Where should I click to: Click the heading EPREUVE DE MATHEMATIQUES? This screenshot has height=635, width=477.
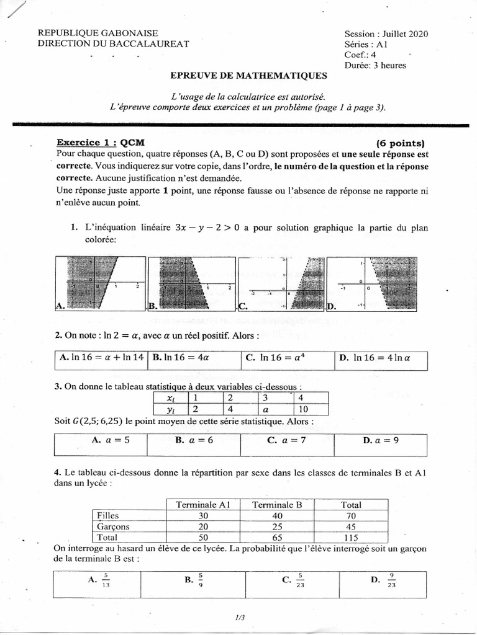[248, 76]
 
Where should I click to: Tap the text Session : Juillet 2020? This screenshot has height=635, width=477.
[386, 34]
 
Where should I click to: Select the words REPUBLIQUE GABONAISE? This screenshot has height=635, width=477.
[98, 33]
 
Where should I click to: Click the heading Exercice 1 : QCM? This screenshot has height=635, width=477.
[100, 141]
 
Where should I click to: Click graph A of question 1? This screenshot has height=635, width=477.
[99, 283]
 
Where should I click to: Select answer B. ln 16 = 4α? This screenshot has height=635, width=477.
[183, 357]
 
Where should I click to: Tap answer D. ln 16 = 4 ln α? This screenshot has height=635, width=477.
[376, 357]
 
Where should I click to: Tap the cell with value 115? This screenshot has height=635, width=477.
[352, 538]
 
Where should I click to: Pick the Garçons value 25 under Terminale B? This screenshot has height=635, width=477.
[276, 526]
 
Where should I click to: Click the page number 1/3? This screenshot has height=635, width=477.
[240, 617]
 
